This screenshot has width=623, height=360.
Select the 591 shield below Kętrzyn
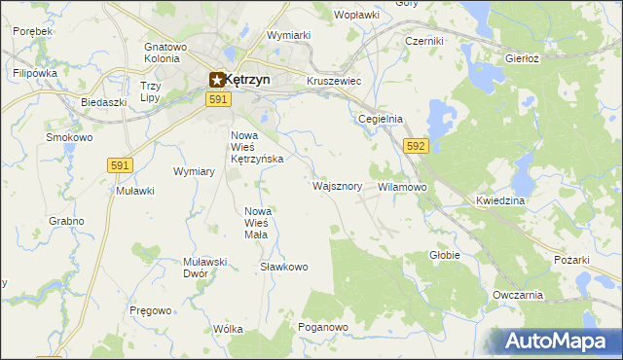[218, 100]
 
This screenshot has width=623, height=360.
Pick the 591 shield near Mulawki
[120, 166]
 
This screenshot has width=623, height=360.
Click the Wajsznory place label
[338, 186]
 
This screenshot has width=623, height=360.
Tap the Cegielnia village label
[380, 119]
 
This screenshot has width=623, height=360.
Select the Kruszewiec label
[334, 81]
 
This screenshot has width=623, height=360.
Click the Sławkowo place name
[284, 267]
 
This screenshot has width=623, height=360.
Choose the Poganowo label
[323, 328]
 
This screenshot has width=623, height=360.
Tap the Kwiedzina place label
[500, 200]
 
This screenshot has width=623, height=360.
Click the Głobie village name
[444, 255]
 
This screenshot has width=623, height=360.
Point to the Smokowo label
[69, 138]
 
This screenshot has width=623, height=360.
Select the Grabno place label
[65, 221]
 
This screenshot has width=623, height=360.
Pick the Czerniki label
[424, 42]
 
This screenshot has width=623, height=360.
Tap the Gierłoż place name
[523, 58]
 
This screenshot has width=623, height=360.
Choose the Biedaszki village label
[104, 102]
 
